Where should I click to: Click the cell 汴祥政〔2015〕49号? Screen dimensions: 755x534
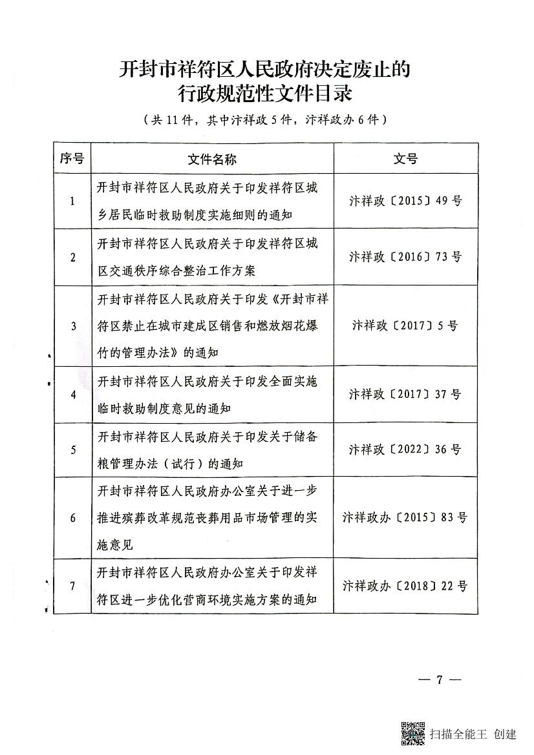405,201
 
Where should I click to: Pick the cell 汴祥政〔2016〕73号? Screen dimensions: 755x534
405,257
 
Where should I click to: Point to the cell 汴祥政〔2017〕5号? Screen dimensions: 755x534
405,326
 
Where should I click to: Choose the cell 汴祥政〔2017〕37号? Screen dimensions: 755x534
405,394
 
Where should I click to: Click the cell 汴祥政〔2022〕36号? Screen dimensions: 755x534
405,450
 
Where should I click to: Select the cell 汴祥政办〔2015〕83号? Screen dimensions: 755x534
405,517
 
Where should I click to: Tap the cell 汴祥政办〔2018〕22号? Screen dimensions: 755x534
405,586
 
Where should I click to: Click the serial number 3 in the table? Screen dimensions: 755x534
73,326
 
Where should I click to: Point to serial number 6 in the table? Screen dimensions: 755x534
73,518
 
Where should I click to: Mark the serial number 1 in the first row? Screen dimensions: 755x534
72,202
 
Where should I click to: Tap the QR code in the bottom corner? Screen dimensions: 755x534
413,733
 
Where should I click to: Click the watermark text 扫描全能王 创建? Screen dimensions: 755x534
473,734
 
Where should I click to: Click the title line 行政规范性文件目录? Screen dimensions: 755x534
266,94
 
